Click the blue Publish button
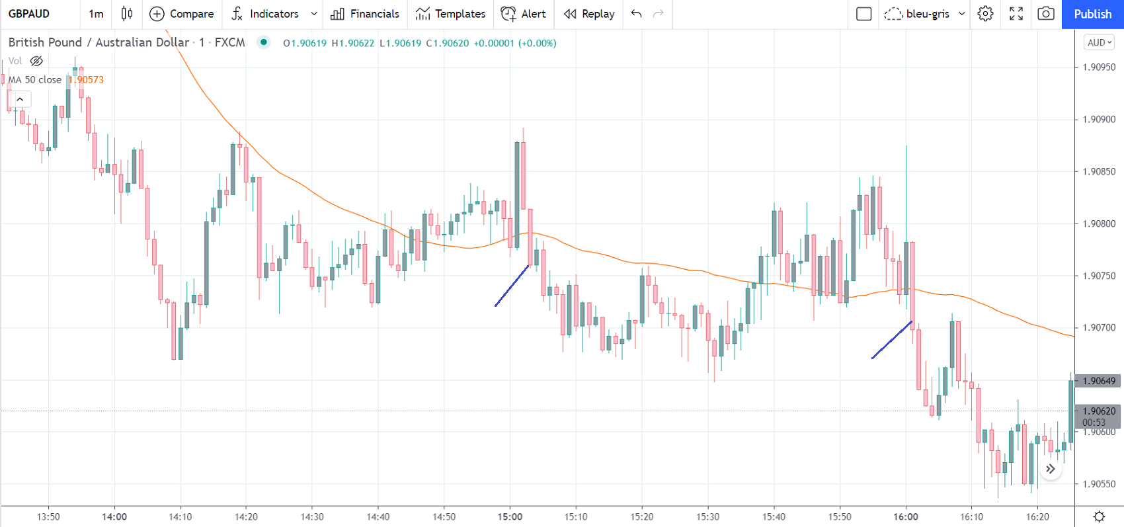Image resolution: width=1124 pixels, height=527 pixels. (x=1092, y=14)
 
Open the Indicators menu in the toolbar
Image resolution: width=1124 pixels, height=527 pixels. (x=266, y=14)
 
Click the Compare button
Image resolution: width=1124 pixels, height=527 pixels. (x=182, y=14)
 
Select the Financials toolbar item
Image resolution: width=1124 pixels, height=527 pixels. (x=365, y=14)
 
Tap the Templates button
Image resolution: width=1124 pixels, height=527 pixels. (x=451, y=14)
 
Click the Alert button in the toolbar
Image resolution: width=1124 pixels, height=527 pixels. (x=524, y=14)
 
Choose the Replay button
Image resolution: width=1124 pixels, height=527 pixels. (x=589, y=14)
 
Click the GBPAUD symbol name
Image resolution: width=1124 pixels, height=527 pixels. (x=29, y=14)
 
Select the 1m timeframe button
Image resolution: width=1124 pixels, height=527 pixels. (x=96, y=14)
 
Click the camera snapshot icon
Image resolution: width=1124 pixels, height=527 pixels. (x=1046, y=14)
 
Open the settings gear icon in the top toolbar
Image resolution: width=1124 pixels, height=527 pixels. (x=985, y=14)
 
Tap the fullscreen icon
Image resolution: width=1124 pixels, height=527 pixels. (x=1016, y=14)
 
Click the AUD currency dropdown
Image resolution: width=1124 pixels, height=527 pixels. (x=1100, y=42)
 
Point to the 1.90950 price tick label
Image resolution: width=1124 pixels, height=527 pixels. (x=1099, y=67)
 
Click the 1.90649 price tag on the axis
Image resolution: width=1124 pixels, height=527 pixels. (x=1099, y=381)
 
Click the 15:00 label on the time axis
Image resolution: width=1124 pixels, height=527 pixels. (x=510, y=516)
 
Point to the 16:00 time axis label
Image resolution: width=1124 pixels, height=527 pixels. (x=906, y=516)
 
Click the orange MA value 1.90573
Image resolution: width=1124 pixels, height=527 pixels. (x=87, y=80)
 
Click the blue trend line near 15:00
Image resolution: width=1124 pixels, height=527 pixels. (x=512, y=286)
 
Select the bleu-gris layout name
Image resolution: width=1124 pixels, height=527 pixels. (x=928, y=14)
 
